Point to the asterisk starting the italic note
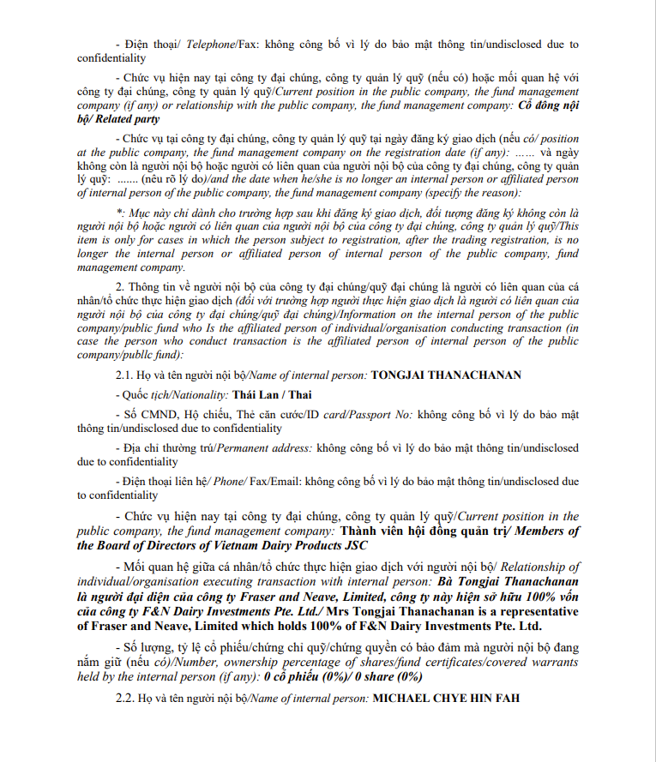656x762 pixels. pos(118,212)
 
